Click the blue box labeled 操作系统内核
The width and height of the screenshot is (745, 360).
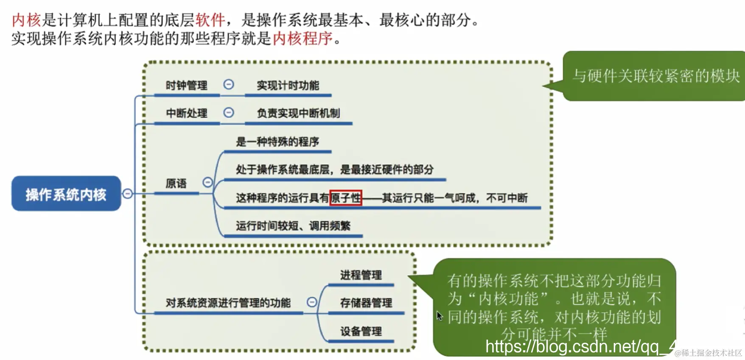(66, 194)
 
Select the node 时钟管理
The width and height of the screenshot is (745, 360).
(186, 85)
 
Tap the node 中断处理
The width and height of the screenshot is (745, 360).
(186, 113)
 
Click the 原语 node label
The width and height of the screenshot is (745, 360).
(176, 183)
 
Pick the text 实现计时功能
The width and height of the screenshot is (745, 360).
(288, 85)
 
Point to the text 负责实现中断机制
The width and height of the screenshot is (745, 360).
(298, 113)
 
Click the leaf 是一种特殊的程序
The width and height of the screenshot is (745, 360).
(277, 142)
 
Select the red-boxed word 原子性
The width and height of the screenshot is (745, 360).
(346, 198)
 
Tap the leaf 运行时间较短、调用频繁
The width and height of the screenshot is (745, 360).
(293, 226)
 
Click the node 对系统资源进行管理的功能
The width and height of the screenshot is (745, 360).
(228, 303)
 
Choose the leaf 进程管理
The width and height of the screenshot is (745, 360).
(361, 275)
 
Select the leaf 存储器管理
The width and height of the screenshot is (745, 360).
(366, 303)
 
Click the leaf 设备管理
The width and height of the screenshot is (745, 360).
(361, 331)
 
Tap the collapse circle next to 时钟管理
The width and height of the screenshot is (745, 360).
(229, 84)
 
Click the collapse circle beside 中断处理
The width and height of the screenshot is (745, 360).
(229, 112)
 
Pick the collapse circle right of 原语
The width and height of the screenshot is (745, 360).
(207, 182)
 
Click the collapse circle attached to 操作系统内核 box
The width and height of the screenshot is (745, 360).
(127, 194)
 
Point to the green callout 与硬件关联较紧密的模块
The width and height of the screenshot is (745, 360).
(655, 76)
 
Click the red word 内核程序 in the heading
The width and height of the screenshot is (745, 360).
(302, 39)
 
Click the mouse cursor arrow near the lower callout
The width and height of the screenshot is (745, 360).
(440, 316)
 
